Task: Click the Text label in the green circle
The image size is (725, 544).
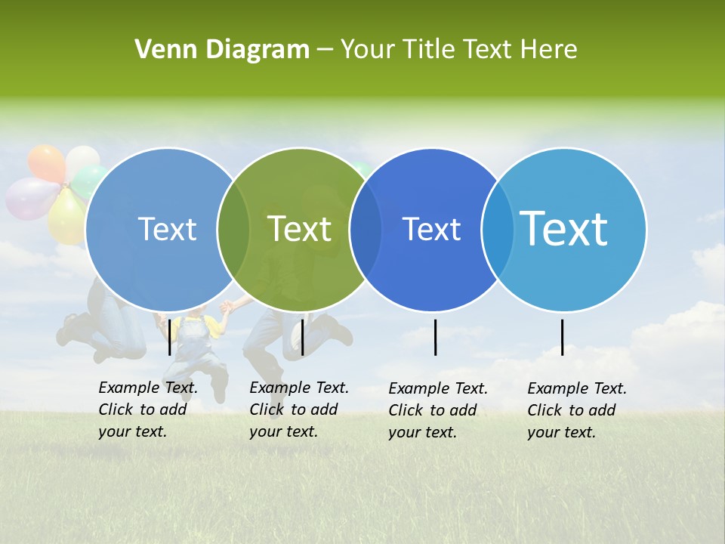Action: (x=300, y=229)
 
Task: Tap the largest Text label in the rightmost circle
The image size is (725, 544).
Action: (x=564, y=228)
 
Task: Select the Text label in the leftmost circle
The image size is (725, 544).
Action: (x=167, y=229)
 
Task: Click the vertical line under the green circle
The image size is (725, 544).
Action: (x=302, y=337)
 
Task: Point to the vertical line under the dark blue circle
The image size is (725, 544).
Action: (x=436, y=337)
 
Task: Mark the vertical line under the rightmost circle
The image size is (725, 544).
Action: (x=563, y=337)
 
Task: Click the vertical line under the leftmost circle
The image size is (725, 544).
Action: (x=169, y=337)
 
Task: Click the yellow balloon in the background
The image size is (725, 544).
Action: (x=63, y=219)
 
